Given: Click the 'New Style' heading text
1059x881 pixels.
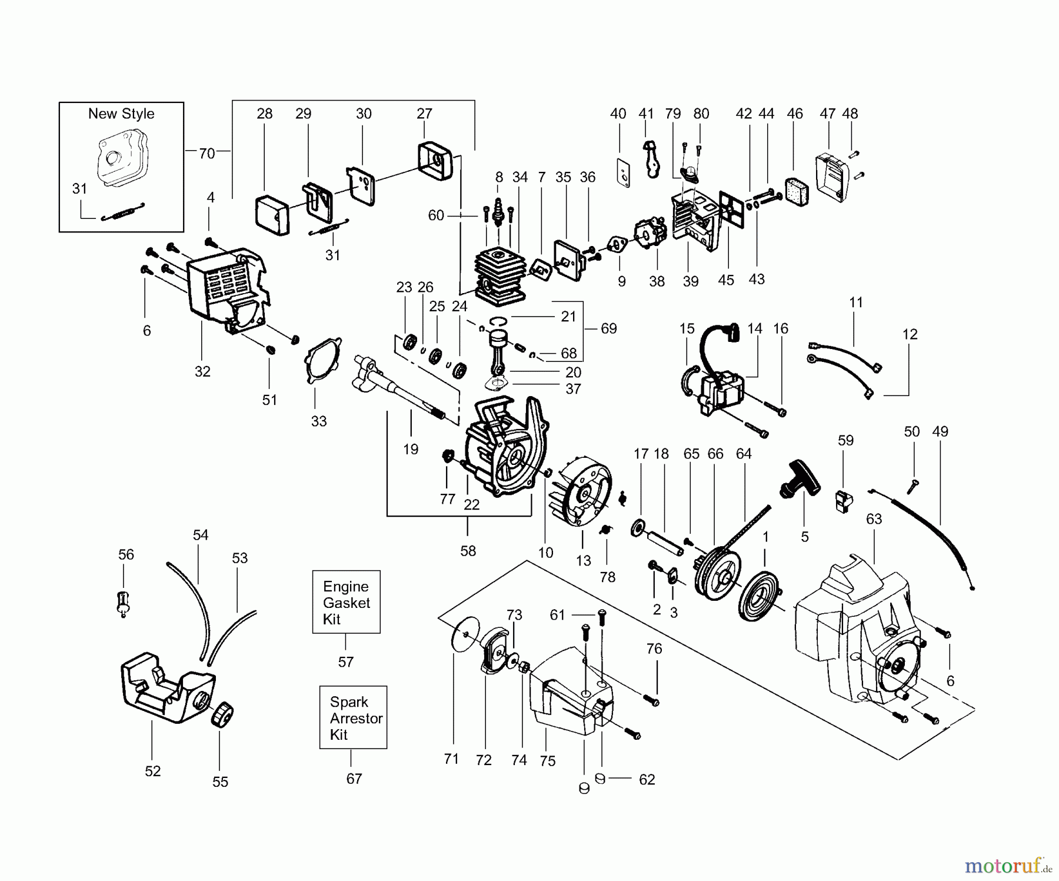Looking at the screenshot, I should point(121,114).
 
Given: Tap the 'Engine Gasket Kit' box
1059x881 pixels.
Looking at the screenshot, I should point(346,602).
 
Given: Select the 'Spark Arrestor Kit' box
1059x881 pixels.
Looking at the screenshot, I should point(353,717).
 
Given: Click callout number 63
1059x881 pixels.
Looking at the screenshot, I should point(874,519).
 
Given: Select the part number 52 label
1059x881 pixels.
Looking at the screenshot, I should point(152,771).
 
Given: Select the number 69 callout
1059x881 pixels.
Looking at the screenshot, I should point(608,328).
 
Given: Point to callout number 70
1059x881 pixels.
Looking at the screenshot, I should point(207,154).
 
